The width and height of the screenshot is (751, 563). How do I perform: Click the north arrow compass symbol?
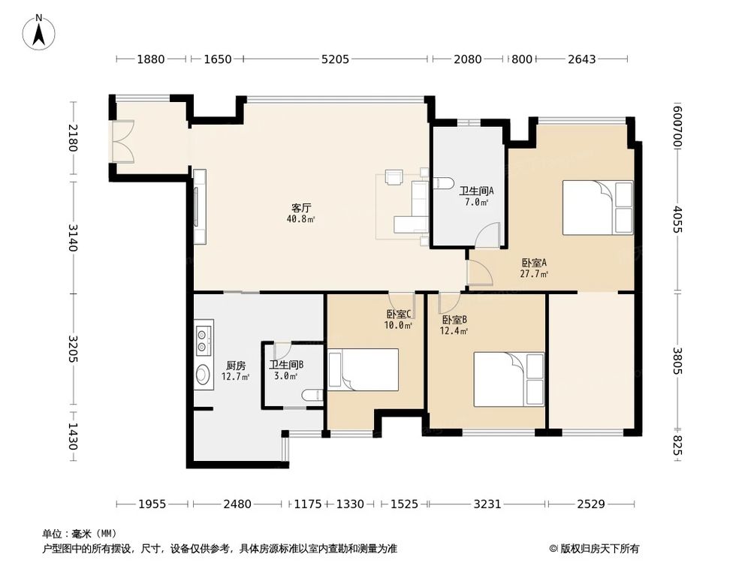click(x=39, y=32)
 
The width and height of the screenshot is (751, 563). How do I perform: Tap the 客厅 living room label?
click(x=301, y=208)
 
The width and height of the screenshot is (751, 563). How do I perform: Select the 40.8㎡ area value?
click(x=301, y=219)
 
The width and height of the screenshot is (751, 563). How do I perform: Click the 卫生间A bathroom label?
click(x=476, y=191)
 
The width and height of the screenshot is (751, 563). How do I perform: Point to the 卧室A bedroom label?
click(x=534, y=263)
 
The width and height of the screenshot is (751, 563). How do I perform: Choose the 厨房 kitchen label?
click(x=236, y=366)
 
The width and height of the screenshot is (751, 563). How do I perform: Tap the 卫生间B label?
click(x=286, y=365)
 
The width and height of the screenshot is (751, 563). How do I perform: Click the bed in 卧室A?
click(x=598, y=207)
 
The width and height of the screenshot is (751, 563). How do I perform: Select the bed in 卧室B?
click(x=509, y=380)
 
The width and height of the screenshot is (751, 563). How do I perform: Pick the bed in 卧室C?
click(x=363, y=369)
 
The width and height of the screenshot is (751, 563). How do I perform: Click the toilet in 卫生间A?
click(x=444, y=183)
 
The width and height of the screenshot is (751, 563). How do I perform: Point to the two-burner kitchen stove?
click(x=204, y=340)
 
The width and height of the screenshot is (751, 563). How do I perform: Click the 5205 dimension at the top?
click(x=335, y=59)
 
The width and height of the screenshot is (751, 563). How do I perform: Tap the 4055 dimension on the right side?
click(x=677, y=218)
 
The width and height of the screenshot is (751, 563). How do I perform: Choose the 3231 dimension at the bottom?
click(x=487, y=504)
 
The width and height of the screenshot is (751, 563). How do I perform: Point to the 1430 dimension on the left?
click(x=72, y=436)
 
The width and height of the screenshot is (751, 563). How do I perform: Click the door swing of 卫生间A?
click(x=489, y=235)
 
